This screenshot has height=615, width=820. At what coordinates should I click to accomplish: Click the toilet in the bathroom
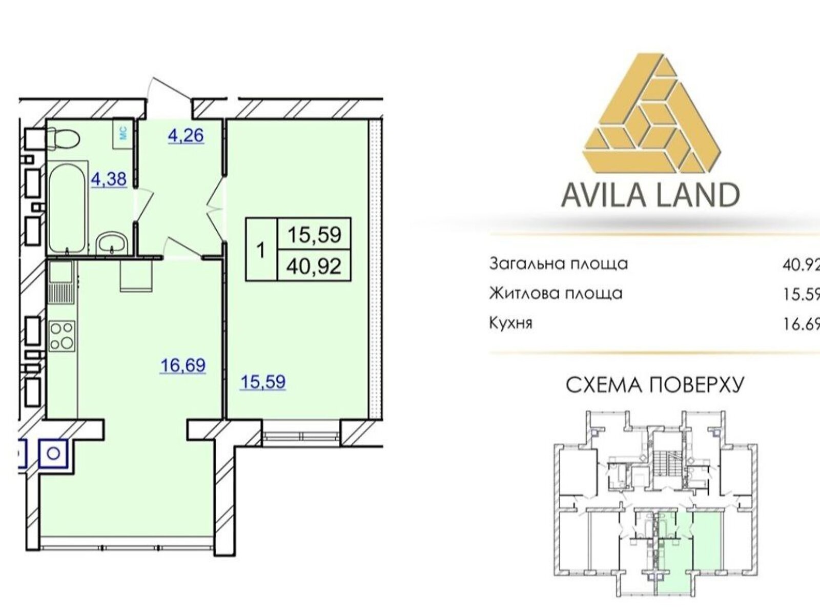[x=63, y=139]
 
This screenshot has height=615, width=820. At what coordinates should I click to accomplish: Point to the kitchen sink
[x=60, y=272]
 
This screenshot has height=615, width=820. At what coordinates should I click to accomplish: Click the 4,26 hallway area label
[x=186, y=136]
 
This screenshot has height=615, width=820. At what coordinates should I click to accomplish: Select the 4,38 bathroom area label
[x=109, y=179]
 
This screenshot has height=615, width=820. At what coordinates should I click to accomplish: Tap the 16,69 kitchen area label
[x=183, y=365]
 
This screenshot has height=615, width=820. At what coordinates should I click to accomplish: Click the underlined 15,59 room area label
[x=263, y=382]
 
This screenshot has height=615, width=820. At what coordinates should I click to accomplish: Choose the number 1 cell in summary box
[x=261, y=250]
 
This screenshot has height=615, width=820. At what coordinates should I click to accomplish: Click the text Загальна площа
[x=559, y=264]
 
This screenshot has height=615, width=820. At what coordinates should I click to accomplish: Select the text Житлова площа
[x=556, y=294]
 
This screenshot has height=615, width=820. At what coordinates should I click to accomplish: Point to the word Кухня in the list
[x=510, y=323]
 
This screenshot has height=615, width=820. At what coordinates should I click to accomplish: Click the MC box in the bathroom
[x=124, y=134]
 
